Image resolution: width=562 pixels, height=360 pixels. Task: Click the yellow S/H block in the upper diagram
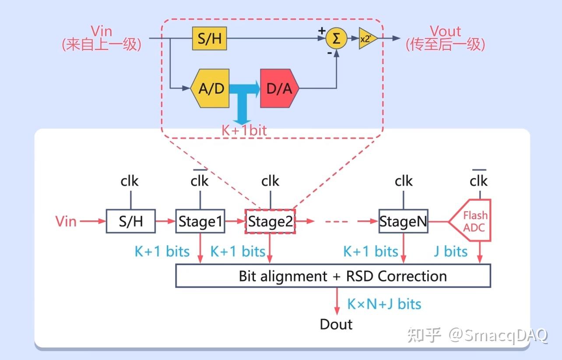(x=210, y=38)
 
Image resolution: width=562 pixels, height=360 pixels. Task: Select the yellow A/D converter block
(x=211, y=88)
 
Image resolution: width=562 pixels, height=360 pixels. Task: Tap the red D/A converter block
(x=279, y=88)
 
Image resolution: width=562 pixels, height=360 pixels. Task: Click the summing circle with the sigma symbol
(x=336, y=38)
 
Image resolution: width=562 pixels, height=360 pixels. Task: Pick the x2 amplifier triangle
(x=367, y=38)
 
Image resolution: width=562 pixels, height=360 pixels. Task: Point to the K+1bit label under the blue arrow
(x=244, y=130)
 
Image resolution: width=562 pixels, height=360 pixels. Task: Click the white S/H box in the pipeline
(x=131, y=221)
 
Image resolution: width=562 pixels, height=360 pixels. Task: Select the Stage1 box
(x=200, y=221)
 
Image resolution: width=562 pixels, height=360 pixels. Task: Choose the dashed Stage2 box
(x=270, y=222)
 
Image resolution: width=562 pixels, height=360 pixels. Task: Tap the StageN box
(x=403, y=221)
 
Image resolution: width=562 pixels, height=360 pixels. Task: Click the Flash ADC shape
(x=474, y=221)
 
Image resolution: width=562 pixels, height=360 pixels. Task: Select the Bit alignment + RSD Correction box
(x=333, y=276)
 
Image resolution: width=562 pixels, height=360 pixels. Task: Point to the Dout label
(x=336, y=324)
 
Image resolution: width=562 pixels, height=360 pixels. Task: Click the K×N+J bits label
(x=384, y=304)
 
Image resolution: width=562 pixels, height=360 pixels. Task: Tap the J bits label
(x=450, y=252)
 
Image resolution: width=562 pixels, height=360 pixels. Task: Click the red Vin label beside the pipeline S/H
(x=66, y=221)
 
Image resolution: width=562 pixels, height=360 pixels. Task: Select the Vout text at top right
(x=445, y=31)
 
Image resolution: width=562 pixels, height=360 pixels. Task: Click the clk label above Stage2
(x=270, y=181)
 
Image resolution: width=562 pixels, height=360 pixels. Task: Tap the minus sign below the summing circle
(x=329, y=52)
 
